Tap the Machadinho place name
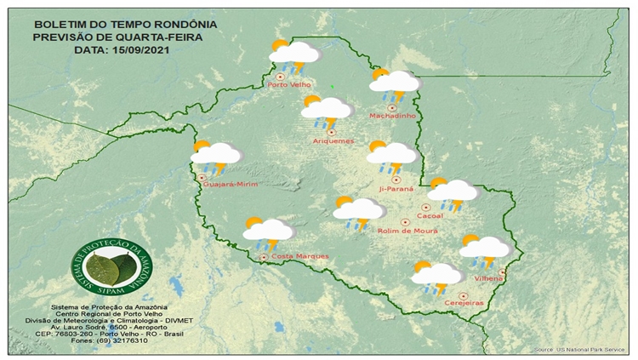pos(391,116)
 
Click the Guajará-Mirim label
pos(230,184)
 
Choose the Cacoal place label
pos(430,216)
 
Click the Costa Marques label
pos(293,256)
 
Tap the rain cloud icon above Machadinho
pos(394,82)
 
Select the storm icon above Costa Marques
pos(268,231)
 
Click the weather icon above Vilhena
pos(485,249)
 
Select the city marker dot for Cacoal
pos(425,207)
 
